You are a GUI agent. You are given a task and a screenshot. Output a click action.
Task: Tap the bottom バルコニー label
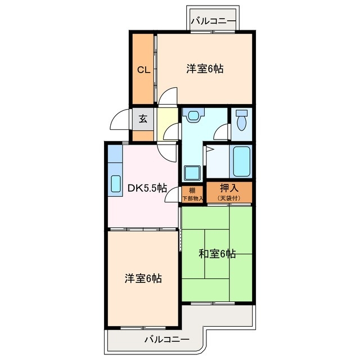coord(166,339)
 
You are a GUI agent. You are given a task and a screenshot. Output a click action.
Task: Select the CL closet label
coord(143,70)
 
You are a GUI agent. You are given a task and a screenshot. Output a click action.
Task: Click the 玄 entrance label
coord(143,119)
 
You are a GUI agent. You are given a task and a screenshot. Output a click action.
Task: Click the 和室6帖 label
coord(217,254)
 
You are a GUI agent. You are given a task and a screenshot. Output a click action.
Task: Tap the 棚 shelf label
coord(192,190)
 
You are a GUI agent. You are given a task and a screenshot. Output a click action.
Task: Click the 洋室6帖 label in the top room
coord(205,69)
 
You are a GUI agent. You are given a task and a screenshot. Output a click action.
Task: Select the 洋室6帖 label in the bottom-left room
coord(143,278)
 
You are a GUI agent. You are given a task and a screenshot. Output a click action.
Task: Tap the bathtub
coord(241,161)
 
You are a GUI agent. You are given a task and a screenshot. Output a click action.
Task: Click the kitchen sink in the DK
coord(115,183)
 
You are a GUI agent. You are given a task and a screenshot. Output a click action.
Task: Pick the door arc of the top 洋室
coord(168,96)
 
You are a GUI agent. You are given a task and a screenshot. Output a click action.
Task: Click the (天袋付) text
coord(229,198)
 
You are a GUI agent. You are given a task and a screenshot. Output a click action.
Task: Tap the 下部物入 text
coord(192,198)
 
